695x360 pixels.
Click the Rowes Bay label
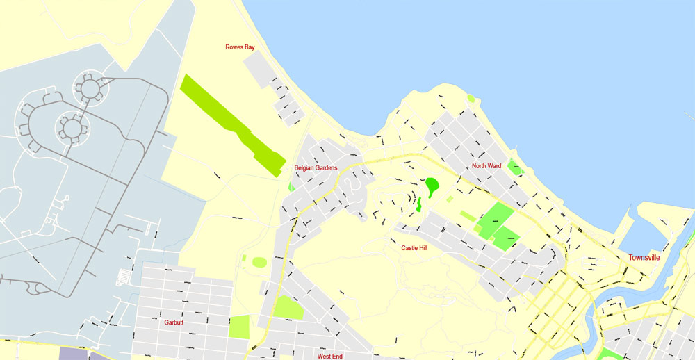(x=240, y=47)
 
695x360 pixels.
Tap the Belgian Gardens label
(x=316, y=168)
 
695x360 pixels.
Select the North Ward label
(x=486, y=166)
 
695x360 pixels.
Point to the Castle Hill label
(x=414, y=247)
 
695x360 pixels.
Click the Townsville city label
(x=644, y=257)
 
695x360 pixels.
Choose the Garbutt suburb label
(x=174, y=322)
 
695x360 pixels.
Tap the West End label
(x=329, y=356)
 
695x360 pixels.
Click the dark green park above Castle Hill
(x=432, y=185)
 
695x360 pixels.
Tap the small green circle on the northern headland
(x=471, y=99)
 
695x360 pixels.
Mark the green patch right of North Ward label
(x=514, y=167)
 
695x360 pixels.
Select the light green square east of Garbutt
(x=238, y=327)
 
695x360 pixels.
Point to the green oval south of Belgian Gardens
(x=259, y=262)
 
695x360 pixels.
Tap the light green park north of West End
(x=288, y=307)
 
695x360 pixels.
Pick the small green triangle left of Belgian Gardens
(x=291, y=187)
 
